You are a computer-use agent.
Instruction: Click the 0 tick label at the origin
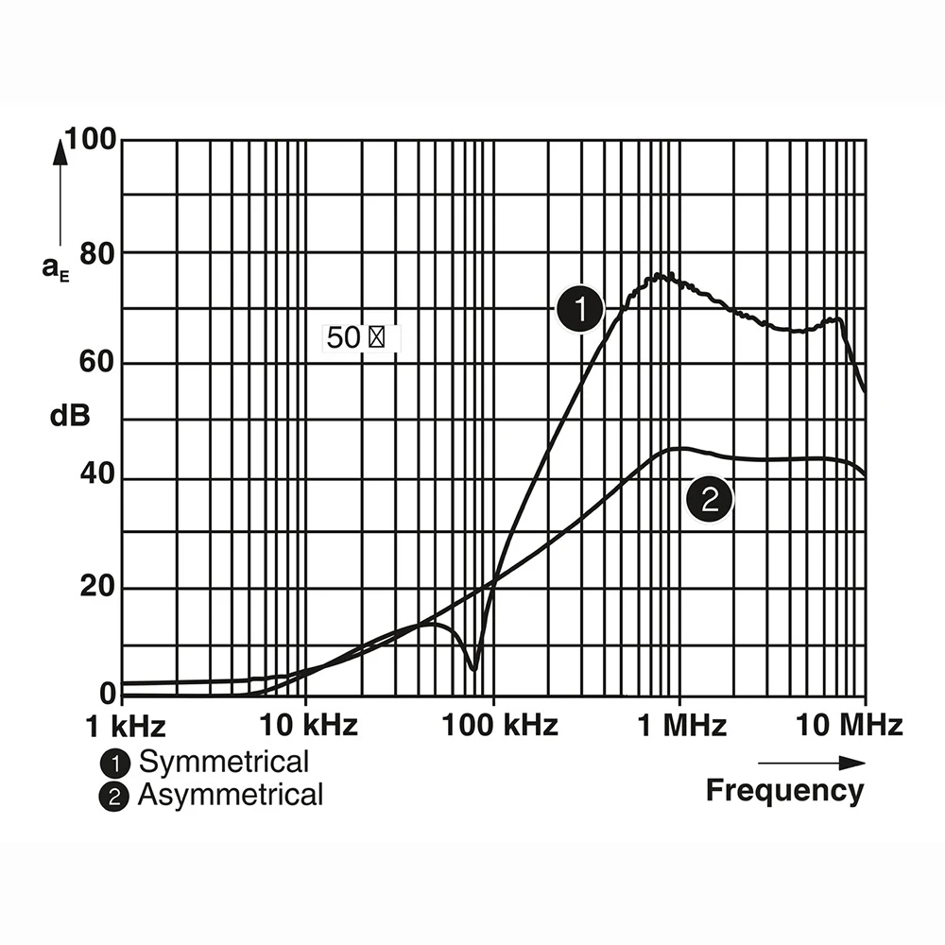click(107, 694)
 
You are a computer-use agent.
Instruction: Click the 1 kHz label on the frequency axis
click(125, 726)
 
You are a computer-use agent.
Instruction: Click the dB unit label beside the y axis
click(70, 416)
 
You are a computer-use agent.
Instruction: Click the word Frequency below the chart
click(784, 790)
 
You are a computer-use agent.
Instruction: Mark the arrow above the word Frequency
click(811, 763)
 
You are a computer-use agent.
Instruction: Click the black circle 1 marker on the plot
click(578, 309)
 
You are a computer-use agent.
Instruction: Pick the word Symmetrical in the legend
click(224, 762)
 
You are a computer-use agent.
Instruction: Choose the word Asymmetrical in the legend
click(231, 795)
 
